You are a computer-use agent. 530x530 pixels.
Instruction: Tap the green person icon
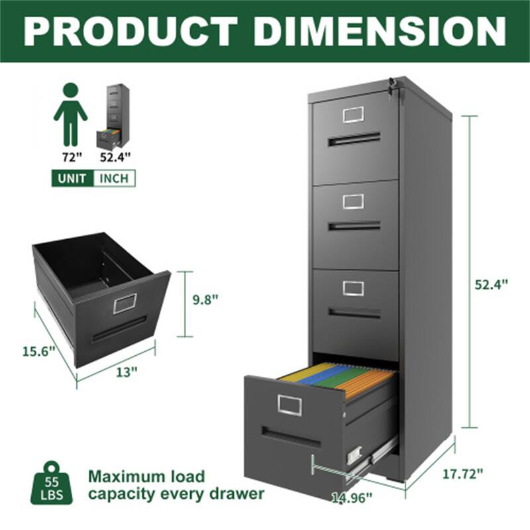pos(70,114)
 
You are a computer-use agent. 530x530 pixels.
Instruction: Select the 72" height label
pos(70,157)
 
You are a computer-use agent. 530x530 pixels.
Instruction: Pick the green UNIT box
pos(72,178)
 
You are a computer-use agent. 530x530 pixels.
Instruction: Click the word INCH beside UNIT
pos(114,178)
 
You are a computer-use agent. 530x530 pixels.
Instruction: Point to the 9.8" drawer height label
pos(205,299)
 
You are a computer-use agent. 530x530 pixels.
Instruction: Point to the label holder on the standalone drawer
pos(125,303)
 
